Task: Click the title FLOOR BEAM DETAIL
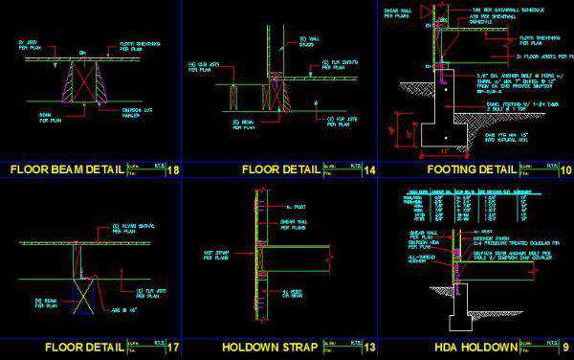[67, 169]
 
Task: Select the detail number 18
[173, 169]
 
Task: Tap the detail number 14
[368, 169]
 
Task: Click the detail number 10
[565, 169]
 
